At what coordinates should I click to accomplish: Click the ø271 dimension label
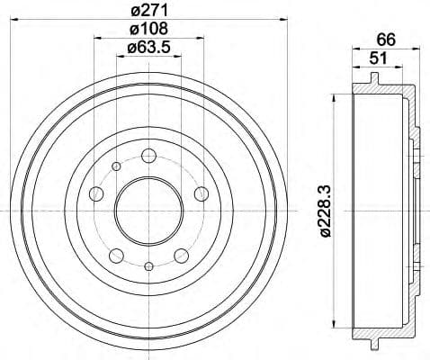tap(148, 12)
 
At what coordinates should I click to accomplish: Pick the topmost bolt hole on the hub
tap(148, 157)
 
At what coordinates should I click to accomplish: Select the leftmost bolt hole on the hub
tap(96, 193)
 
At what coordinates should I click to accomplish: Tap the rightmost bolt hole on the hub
tap(201, 193)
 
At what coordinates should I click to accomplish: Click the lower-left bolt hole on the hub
tap(116, 255)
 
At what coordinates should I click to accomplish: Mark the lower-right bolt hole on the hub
tap(181, 255)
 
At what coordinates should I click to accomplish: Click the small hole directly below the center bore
tap(148, 265)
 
